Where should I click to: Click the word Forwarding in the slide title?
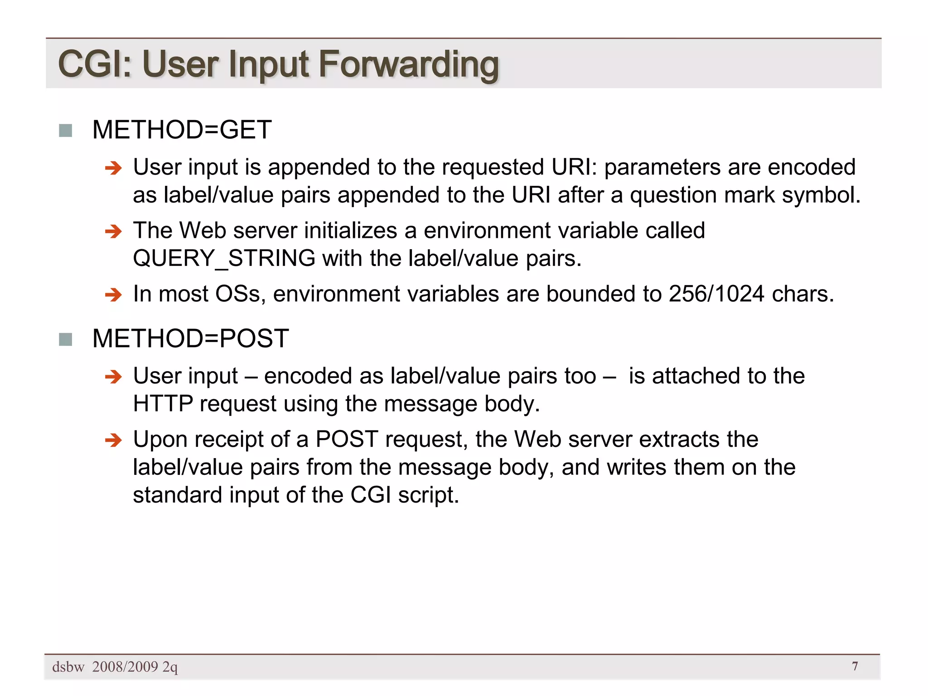[408, 64]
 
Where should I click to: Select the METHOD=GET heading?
[182, 130]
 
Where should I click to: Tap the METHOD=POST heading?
[190, 338]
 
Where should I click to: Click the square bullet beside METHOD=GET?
[66, 130]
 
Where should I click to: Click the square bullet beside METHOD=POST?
[66, 339]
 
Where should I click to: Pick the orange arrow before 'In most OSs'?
[113, 295]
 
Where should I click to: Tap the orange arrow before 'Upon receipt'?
[113, 440]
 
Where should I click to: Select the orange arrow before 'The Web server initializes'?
[113, 232]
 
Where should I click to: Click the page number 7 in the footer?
[855, 666]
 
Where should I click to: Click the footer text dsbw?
[68, 667]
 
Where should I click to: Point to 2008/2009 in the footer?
[125, 667]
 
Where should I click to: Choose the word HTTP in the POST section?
[163, 404]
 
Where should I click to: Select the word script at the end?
[429, 495]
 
